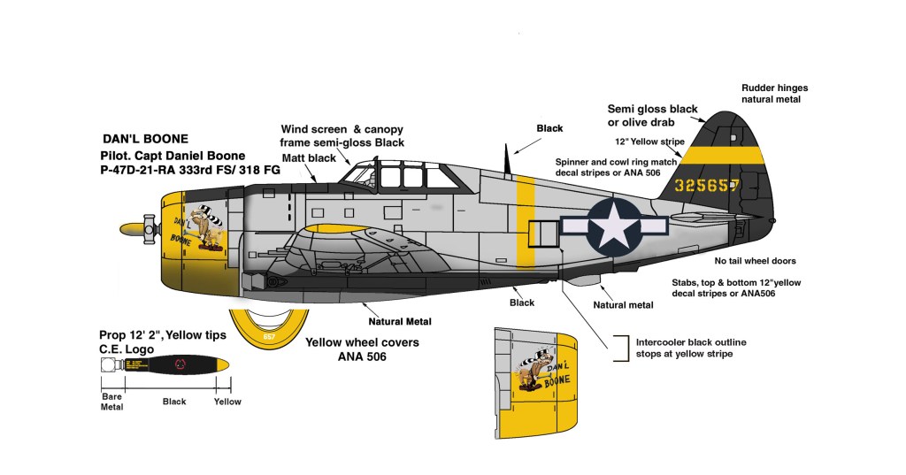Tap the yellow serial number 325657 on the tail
pos(719,186)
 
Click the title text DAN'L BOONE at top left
pos(147,139)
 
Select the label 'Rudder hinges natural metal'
pos(774,94)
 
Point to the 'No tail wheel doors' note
pos(755,261)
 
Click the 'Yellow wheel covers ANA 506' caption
pos(362,349)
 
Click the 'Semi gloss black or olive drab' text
pos(652,114)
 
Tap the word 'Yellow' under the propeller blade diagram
pos(227,402)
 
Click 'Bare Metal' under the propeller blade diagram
pos(111,402)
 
